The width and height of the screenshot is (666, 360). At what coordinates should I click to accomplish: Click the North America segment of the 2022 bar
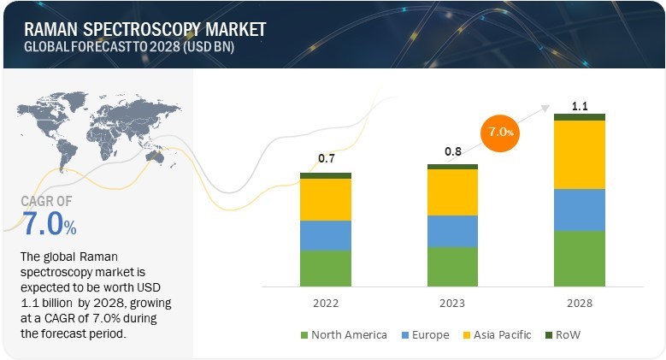pyautogui.click(x=326, y=268)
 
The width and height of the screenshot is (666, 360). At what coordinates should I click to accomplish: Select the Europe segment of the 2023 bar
pyautogui.click(x=452, y=231)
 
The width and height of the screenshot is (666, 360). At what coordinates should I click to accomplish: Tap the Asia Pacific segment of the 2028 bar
pyautogui.click(x=580, y=154)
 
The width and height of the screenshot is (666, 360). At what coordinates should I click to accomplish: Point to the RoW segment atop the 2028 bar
pyautogui.click(x=580, y=117)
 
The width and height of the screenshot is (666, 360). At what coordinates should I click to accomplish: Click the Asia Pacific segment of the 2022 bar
pyautogui.click(x=326, y=199)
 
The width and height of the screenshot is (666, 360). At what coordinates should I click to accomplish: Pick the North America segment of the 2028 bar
pyautogui.click(x=580, y=257)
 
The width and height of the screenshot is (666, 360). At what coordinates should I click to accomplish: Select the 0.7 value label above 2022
pyautogui.click(x=326, y=159)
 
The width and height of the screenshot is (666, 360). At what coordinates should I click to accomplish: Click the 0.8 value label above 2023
pyautogui.click(x=452, y=152)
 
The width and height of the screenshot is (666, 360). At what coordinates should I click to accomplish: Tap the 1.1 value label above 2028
pyautogui.click(x=580, y=106)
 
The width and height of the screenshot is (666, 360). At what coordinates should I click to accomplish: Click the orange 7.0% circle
pyautogui.click(x=502, y=133)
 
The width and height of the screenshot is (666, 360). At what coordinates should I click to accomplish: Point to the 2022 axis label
pyautogui.click(x=326, y=304)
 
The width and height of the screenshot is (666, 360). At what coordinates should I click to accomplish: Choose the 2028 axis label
pyautogui.click(x=580, y=304)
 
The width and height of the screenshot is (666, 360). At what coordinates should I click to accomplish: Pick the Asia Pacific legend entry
pyautogui.click(x=496, y=334)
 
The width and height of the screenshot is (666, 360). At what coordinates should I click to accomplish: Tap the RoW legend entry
pyautogui.click(x=568, y=334)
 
